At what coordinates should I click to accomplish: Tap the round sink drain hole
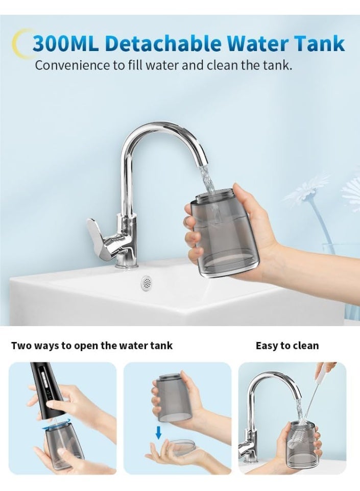[x=147, y=280]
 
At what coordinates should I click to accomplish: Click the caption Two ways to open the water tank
[x=92, y=346]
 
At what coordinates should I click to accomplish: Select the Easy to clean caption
[x=287, y=346]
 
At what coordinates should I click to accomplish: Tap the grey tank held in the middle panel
[x=173, y=398]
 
